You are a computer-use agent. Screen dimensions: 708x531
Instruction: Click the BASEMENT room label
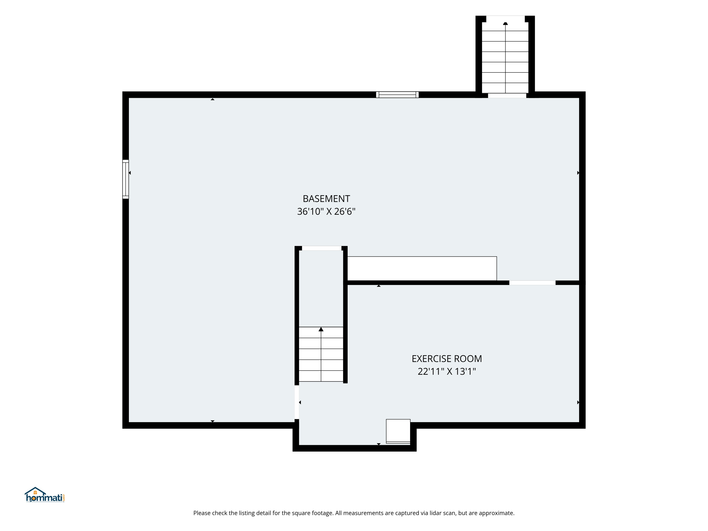[x=326, y=199]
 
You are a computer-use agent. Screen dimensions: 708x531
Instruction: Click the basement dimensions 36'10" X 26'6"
[x=326, y=211]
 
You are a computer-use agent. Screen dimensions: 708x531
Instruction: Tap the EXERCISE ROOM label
[x=447, y=359]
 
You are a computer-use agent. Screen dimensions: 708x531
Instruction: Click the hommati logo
[x=45, y=495]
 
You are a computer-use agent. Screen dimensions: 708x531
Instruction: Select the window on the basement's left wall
[x=126, y=179]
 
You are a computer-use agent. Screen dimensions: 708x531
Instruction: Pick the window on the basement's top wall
[x=397, y=94]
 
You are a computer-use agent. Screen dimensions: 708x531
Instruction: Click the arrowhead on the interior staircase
[x=321, y=329]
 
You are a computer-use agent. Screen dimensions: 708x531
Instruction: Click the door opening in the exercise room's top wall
[x=532, y=283]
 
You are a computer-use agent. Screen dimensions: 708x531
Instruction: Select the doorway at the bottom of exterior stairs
[x=507, y=95]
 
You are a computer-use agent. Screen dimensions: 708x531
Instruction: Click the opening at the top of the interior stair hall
[x=322, y=248]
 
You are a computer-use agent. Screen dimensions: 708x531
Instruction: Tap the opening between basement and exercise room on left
[x=297, y=402]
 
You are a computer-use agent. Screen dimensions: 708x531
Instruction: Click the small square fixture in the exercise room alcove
[x=398, y=431]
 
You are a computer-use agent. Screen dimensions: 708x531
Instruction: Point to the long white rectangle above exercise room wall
[x=422, y=269]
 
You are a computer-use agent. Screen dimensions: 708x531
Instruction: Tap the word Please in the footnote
[x=202, y=513]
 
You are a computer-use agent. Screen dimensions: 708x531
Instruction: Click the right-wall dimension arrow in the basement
[x=578, y=173]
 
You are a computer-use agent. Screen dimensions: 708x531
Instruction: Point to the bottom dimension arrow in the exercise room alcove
[x=379, y=444]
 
